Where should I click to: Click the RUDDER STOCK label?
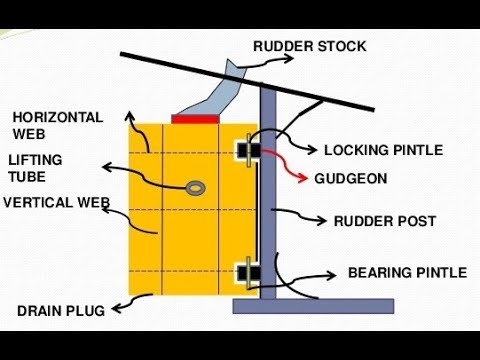tap(309, 46)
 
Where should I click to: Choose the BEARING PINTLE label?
tap(407, 272)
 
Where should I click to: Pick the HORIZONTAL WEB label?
tap(57, 125)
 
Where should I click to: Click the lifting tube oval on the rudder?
tap(193, 186)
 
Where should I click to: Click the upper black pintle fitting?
tap(244, 150)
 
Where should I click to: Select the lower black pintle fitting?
tap(244, 270)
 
